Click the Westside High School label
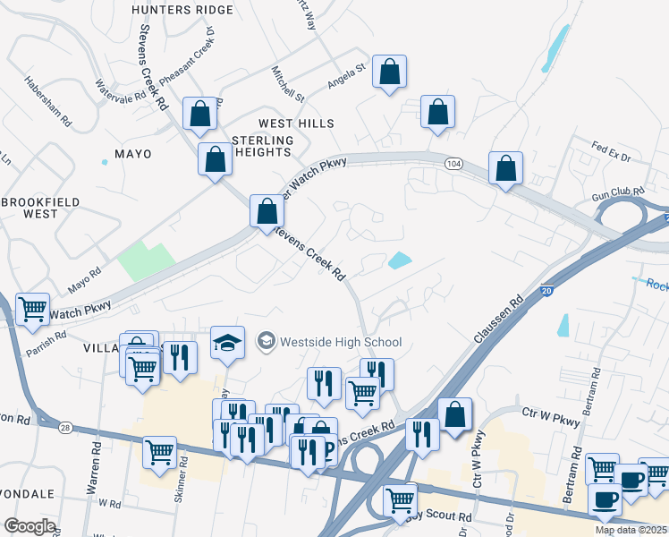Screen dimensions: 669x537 coord(341,342)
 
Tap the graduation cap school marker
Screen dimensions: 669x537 coord(227,342)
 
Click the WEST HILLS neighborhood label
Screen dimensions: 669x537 coord(296,124)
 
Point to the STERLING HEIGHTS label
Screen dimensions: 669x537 coord(263,147)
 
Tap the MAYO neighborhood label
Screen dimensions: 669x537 coord(132,154)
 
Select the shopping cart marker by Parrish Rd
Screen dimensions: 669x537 coord(33,310)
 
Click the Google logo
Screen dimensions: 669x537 coord(30,526)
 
